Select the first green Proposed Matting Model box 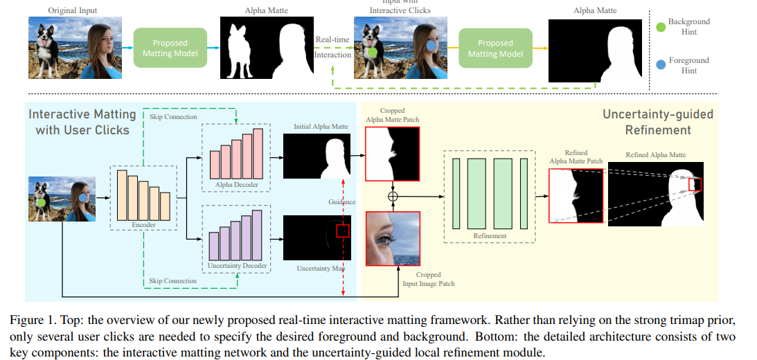coord(170,48)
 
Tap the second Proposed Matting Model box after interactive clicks coord(496,48)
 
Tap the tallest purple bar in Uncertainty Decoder coord(258,234)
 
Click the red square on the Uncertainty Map coord(343,231)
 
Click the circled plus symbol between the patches coord(393,197)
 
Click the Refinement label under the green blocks coord(490,235)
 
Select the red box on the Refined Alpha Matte coord(695,183)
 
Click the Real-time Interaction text coord(332,47)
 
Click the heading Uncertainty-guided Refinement coord(646,121)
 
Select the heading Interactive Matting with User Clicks coord(79,121)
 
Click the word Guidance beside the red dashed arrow coord(342,201)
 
